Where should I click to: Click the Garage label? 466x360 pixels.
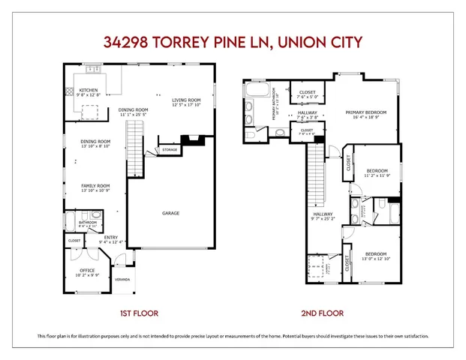click(x=170, y=214)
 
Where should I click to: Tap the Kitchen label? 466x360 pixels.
click(x=89, y=90)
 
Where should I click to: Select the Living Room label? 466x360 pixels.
click(x=185, y=99)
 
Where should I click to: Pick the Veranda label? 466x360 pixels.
click(x=122, y=280)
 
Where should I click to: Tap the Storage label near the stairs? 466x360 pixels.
click(x=170, y=151)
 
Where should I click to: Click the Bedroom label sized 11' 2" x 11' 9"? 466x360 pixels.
click(x=377, y=171)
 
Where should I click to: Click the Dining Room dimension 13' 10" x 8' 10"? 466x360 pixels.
click(x=95, y=145)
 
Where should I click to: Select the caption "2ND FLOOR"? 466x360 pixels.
click(x=323, y=313)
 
